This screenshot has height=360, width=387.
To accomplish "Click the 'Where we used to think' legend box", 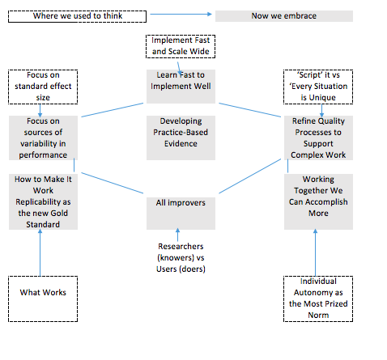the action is (77, 16).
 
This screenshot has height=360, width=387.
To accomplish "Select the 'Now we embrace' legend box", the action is (284, 16).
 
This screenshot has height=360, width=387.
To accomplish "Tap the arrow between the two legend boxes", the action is (181, 14).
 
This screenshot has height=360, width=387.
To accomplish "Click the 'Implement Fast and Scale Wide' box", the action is (181, 46).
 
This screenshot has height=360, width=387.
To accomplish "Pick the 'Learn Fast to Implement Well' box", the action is (181, 87).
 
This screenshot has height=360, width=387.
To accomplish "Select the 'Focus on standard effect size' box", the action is (43, 87).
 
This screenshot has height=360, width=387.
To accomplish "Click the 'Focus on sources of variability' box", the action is (43, 138).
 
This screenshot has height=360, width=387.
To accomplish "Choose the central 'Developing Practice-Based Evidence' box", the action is (181, 138).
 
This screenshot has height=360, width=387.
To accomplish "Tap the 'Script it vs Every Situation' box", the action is (318, 87).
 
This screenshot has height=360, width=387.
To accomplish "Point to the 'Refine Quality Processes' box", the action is (318, 138).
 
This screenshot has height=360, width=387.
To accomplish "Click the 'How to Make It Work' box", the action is (43, 201).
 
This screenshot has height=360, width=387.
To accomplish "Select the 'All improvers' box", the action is (181, 214).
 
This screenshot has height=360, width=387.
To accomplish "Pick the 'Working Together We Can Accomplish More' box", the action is (318, 201).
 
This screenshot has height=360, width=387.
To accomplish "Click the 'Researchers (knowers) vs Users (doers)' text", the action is (181, 257).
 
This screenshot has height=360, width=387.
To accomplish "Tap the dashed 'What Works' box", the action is (43, 299).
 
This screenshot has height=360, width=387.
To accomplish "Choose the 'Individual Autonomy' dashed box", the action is (318, 299).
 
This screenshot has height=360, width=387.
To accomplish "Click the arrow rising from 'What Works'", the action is (40, 252).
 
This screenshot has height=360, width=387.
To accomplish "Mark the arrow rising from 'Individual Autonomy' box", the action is (315, 252).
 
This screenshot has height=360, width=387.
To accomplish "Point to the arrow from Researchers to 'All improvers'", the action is (177, 235).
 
